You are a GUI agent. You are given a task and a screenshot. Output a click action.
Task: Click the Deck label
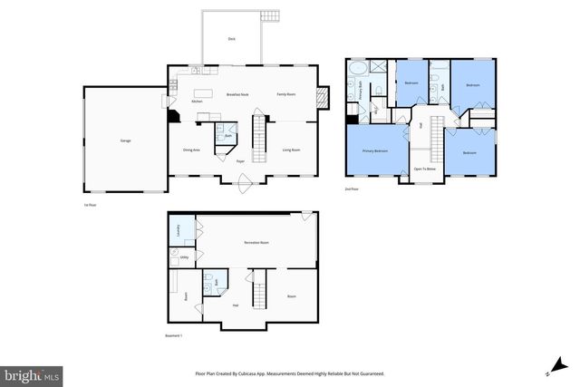pyautogui.click(x=232, y=39)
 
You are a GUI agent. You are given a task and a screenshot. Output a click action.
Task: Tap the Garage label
pyautogui.click(x=124, y=140)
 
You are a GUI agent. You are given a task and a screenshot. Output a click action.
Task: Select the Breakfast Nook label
pyautogui.click(x=237, y=94)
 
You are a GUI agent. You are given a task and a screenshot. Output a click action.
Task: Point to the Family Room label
pyautogui.click(x=288, y=94)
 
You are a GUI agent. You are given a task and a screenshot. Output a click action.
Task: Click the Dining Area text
pyautogui.click(x=191, y=150)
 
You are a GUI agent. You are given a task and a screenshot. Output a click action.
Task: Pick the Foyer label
pyautogui.click(x=241, y=161)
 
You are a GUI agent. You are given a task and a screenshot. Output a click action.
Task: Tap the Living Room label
pyautogui.click(x=291, y=150)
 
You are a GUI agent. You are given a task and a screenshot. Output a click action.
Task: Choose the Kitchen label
pyautogui.click(x=197, y=102)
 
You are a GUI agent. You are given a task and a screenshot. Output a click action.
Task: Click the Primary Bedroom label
pyautogui.click(x=375, y=151)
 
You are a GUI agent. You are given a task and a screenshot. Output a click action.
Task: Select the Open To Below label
pyautogui.click(x=425, y=169)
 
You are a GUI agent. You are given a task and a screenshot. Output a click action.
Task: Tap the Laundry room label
pyautogui.click(x=178, y=230)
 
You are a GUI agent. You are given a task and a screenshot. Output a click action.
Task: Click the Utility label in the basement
pyautogui.click(x=184, y=258)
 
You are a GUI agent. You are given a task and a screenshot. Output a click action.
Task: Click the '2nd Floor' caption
pyautogui.click(x=353, y=189)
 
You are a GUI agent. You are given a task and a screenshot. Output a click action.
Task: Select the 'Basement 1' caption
pyautogui.click(x=174, y=335)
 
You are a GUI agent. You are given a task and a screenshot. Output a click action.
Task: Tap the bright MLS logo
pyautogui.click(x=32, y=373)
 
